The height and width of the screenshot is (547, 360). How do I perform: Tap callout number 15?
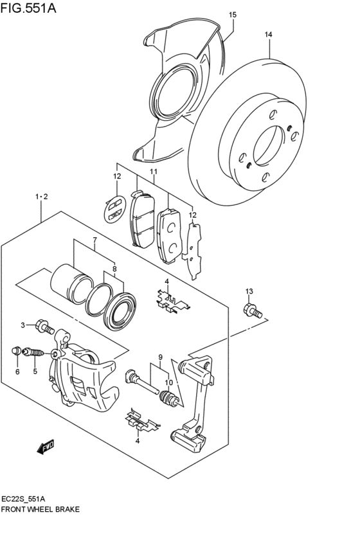232,14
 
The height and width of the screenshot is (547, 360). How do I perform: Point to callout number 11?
154,172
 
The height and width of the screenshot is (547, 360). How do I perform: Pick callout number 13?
249,291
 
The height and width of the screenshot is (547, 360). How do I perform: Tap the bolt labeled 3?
44,327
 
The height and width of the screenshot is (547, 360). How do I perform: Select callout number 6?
17,372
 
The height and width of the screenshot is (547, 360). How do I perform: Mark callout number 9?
161,357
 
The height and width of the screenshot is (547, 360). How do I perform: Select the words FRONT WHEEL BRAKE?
40,508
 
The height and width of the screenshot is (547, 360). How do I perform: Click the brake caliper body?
84,379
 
